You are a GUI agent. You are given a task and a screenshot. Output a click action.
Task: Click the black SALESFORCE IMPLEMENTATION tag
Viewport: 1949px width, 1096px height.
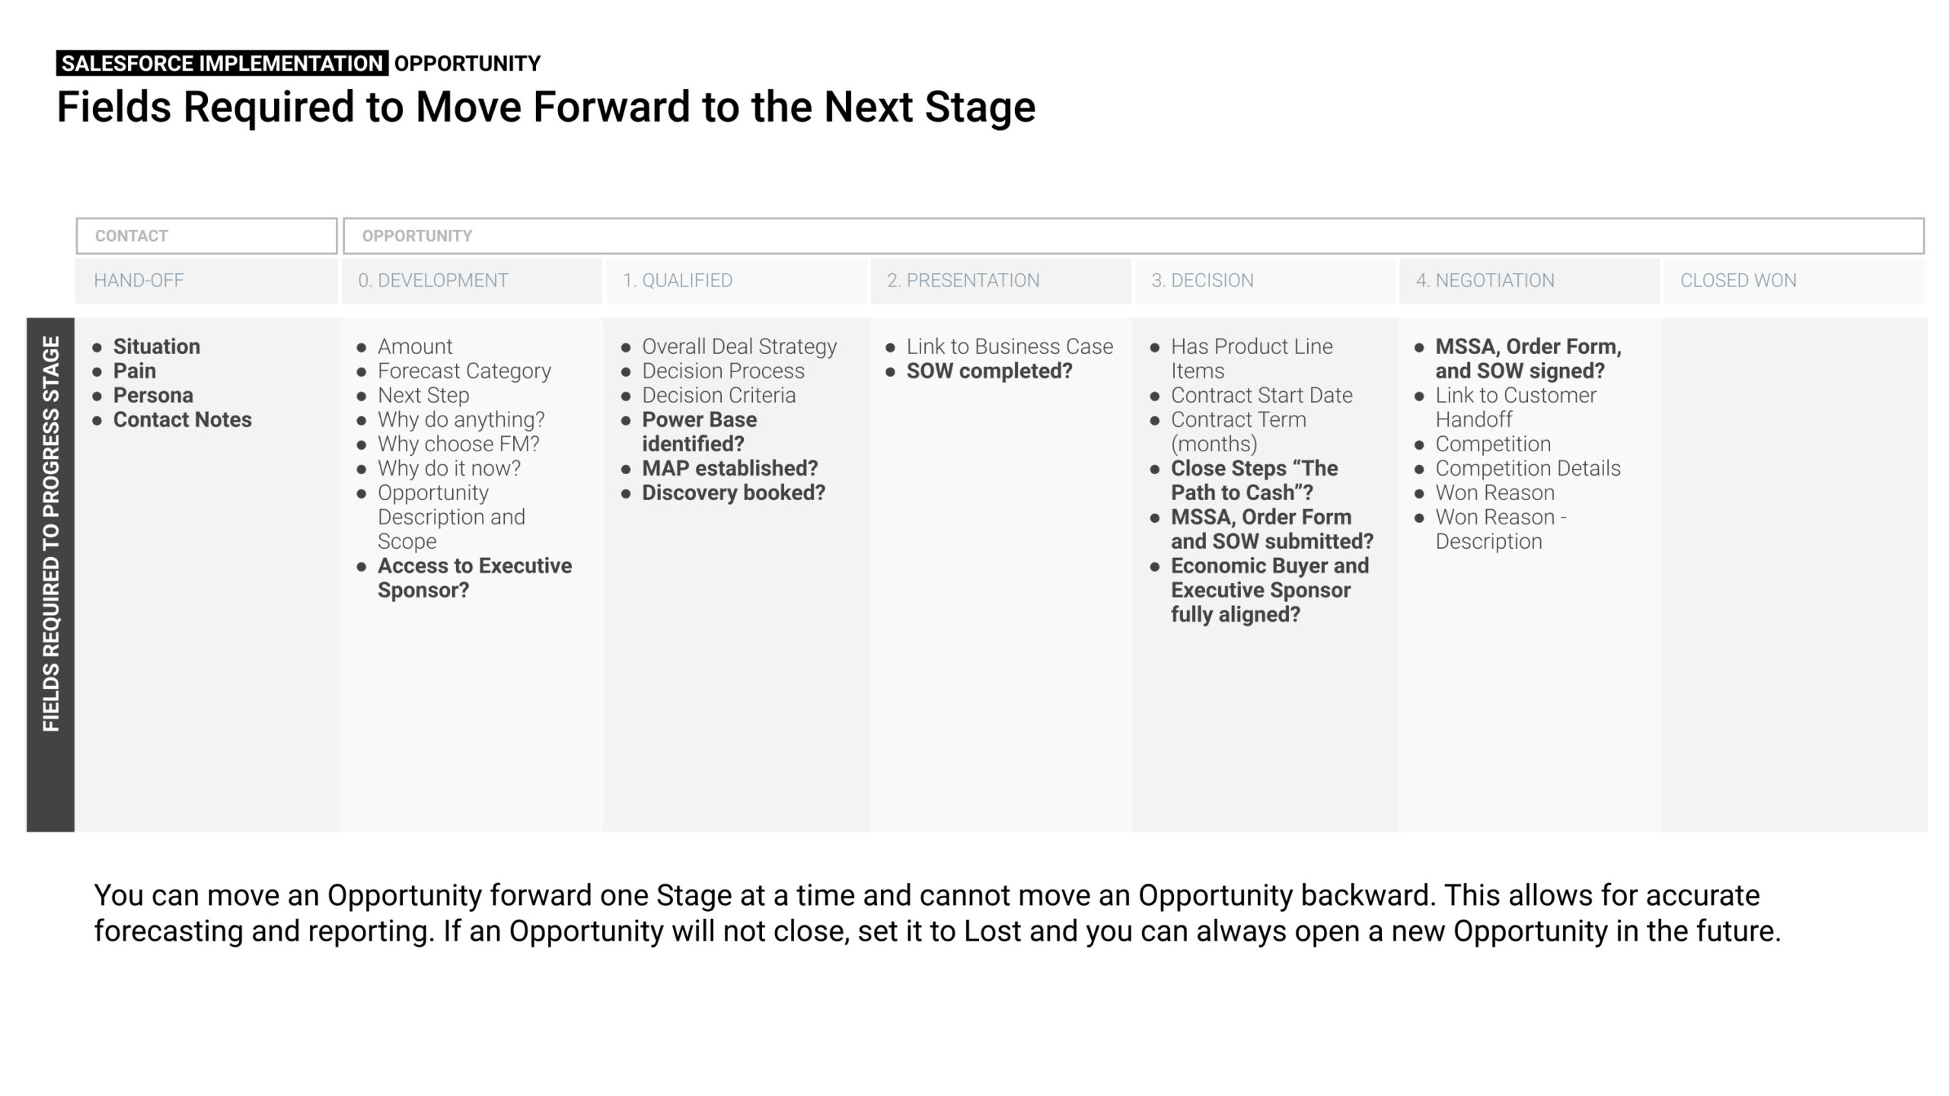point(222,63)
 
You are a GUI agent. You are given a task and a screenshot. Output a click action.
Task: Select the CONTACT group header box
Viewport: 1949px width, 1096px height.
point(206,236)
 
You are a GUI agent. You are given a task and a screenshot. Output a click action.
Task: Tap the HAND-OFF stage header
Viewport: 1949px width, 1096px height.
point(139,280)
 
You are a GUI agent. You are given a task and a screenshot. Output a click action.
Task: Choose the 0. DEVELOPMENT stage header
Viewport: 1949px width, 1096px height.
point(433,280)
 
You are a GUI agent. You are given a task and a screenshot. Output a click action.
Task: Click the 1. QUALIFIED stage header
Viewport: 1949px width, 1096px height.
point(678,280)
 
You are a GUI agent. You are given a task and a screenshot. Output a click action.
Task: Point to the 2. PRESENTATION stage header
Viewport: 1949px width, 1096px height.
point(963,280)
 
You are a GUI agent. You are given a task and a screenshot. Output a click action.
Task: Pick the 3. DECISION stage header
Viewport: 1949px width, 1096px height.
point(1202,280)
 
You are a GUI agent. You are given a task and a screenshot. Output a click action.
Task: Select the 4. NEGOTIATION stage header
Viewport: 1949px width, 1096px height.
point(1485,280)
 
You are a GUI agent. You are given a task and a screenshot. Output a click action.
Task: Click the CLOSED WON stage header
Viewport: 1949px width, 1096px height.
point(1738,280)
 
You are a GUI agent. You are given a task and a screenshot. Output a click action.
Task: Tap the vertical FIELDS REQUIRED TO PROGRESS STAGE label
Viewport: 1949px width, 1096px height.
point(51,534)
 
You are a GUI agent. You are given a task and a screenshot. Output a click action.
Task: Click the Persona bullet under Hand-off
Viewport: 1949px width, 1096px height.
point(153,395)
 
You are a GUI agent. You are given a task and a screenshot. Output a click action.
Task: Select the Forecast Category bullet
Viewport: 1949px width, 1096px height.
point(464,371)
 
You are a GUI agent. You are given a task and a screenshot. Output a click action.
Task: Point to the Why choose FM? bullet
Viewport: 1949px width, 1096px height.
point(458,444)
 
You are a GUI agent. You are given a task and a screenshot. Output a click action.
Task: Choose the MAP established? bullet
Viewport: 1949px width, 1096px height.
point(729,468)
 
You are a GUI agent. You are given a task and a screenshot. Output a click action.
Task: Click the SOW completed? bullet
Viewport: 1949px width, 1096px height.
point(989,371)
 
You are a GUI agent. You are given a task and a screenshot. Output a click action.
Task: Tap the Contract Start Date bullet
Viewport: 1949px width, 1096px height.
point(1262,395)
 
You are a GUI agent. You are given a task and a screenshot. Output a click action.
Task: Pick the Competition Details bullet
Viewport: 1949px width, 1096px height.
point(1528,468)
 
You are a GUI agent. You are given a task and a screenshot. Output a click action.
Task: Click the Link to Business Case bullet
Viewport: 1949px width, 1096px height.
point(1010,346)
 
